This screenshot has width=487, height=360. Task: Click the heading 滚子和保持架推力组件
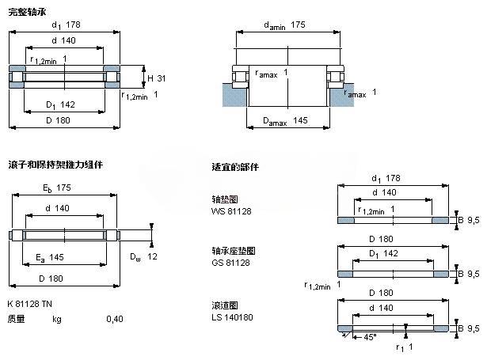coord(55,165)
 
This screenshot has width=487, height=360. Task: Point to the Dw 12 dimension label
coord(143,256)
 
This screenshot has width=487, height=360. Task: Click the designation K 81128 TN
coord(29,304)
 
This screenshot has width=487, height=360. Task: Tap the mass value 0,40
coord(115,319)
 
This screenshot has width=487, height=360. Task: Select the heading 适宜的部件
coord(235,168)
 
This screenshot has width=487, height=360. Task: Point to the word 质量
coord(16,319)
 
